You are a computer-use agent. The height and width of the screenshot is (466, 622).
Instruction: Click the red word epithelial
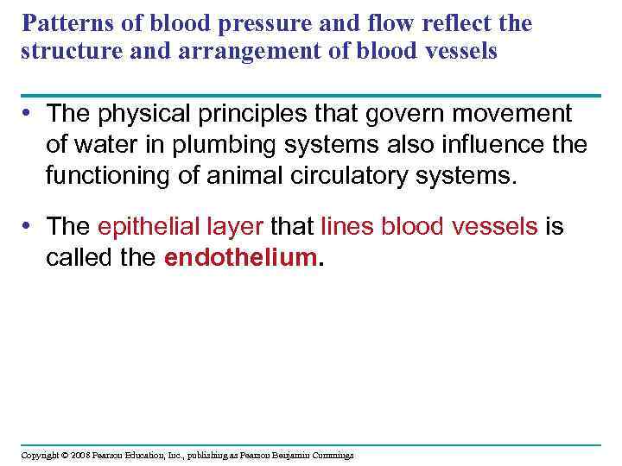[141, 227]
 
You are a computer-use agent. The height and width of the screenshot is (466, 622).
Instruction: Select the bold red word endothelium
[239, 257]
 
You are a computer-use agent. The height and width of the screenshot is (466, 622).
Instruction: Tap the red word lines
[347, 227]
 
